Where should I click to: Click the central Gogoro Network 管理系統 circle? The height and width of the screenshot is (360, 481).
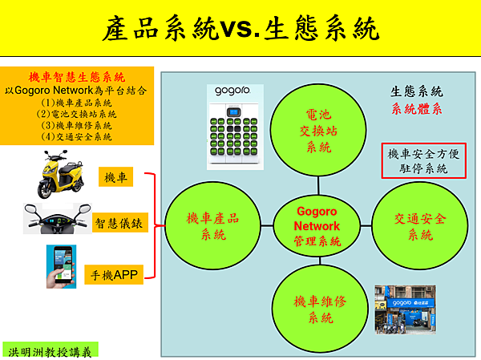[317, 226]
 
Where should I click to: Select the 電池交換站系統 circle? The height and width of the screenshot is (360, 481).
[318, 130]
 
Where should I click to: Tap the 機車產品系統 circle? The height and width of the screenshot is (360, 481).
[213, 226]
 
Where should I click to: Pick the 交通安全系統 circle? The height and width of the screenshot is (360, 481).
[419, 226]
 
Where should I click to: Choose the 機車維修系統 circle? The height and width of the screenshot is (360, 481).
[320, 309]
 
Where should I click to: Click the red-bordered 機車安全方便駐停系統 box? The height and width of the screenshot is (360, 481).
[423, 160]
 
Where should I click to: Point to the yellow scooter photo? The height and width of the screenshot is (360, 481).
[61, 174]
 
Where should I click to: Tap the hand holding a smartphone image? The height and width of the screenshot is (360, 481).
[61, 266]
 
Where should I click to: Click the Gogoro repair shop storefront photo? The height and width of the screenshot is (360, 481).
[405, 309]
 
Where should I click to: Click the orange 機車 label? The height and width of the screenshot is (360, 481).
[115, 176]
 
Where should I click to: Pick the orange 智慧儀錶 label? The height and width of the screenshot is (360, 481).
[119, 223]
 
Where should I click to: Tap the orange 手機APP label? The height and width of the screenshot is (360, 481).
[114, 274]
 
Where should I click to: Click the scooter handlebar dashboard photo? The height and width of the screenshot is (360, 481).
[58, 218]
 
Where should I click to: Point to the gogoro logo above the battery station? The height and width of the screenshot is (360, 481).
[232, 91]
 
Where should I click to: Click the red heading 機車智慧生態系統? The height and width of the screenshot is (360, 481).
[77, 77]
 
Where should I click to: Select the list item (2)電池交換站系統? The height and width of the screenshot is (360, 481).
[76, 114]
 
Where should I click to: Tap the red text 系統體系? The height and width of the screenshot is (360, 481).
[417, 109]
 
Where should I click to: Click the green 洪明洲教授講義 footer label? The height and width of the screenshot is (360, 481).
[50, 352]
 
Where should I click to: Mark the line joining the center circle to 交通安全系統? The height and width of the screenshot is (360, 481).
[366, 226]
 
